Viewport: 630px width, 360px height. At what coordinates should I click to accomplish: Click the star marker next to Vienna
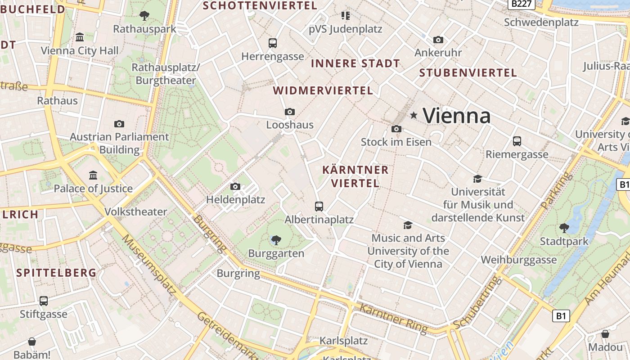[x=414, y=116]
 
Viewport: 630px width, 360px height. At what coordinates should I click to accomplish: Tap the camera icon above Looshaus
[x=290, y=112]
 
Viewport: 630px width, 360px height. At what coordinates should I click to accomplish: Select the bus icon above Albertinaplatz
[x=319, y=207]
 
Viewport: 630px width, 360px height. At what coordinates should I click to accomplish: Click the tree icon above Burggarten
[x=276, y=240]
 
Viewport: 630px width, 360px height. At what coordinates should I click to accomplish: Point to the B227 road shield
[x=522, y=4]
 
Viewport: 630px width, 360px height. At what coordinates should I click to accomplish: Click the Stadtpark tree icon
[x=564, y=228]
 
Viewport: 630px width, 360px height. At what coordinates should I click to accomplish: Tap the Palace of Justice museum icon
[x=93, y=175]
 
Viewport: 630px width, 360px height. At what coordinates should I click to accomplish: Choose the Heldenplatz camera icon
[x=235, y=186]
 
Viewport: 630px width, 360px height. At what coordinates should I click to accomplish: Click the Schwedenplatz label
[x=541, y=22]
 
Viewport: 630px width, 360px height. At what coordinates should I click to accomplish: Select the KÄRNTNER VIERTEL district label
[x=355, y=176]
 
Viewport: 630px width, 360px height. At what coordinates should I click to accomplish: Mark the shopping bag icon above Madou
[x=605, y=334]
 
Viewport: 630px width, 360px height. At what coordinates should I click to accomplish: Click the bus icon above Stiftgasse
[x=44, y=301]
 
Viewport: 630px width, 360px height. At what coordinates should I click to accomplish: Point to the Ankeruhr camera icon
[x=438, y=40]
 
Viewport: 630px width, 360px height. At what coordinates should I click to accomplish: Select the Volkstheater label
[x=135, y=211]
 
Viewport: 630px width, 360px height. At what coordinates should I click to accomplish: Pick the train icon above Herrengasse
[x=272, y=43]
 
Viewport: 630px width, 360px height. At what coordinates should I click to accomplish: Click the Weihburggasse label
[x=518, y=260]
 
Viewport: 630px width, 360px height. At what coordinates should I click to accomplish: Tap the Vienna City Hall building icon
[x=80, y=37]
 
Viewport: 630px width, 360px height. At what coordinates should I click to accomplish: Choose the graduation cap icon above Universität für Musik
[x=477, y=179]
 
